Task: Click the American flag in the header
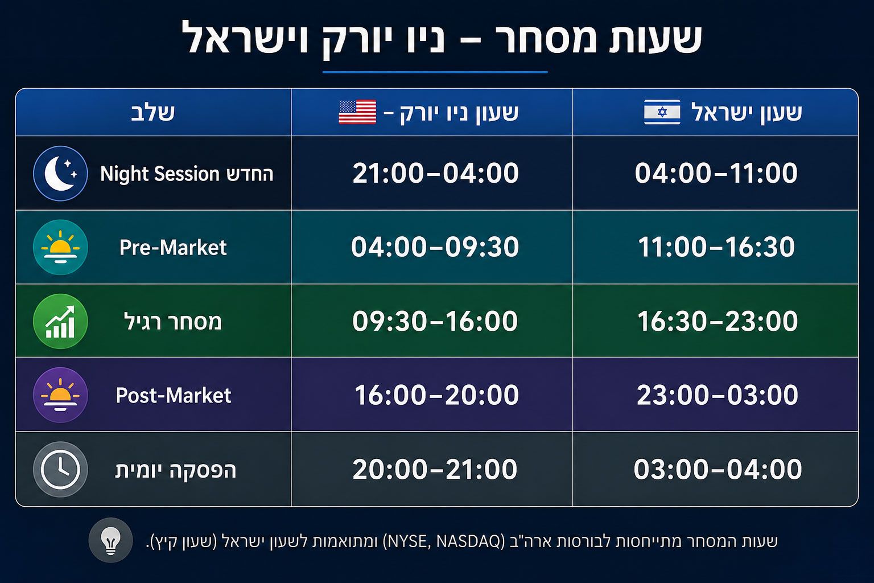tap(357, 112)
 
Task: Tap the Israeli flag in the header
tap(662, 112)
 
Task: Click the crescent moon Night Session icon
tap(60, 174)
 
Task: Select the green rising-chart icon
tap(60, 321)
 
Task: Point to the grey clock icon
tap(60, 469)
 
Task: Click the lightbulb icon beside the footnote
tap(110, 540)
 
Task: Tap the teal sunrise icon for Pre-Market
tap(60, 247)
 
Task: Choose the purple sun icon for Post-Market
tap(60, 395)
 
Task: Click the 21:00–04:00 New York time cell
tap(435, 173)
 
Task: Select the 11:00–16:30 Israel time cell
tap(716, 247)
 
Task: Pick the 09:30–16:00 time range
tap(435, 321)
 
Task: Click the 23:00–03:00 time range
tap(717, 395)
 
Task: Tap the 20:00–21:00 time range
tap(435, 469)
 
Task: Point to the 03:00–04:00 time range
tap(718, 469)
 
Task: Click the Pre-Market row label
tap(173, 247)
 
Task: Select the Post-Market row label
tap(173, 395)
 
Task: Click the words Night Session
tap(159, 174)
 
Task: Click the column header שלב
tap(152, 113)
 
